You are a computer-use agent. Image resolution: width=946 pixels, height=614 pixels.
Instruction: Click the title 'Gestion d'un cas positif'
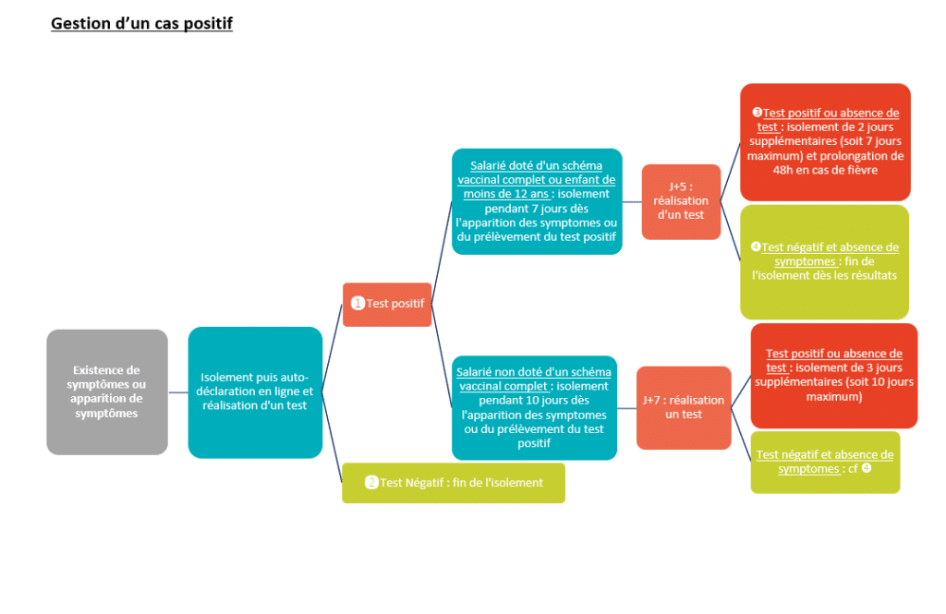tap(141, 23)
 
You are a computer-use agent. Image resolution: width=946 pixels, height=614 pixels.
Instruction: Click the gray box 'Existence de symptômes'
tap(107, 392)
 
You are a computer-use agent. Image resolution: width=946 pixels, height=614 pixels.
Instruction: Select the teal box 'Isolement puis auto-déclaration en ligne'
tap(255, 392)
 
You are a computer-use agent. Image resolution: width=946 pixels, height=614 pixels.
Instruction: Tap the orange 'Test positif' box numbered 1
tap(387, 304)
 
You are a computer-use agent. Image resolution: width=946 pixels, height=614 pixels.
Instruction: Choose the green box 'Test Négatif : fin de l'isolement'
tap(454, 483)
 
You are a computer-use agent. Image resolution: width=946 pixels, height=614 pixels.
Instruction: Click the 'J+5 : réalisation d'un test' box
tap(681, 201)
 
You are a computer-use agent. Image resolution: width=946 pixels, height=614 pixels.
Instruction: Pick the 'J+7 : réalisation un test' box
tap(684, 408)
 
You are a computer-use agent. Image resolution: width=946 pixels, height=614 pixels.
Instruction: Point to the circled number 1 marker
tap(358, 303)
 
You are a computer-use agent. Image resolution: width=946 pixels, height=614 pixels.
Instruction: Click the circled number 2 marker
tap(371, 483)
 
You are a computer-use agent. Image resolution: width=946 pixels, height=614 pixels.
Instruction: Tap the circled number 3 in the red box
tap(758, 113)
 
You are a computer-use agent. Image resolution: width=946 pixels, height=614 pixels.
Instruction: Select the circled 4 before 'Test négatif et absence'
tap(756, 247)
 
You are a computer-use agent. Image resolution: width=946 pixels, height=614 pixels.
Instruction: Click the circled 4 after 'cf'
tap(867, 468)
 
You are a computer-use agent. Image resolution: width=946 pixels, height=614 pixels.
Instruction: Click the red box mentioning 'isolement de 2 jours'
tap(825, 142)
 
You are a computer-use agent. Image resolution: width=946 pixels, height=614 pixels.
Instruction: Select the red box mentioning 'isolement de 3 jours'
tap(834, 376)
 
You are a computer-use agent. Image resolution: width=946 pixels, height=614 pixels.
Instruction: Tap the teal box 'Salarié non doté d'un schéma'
tap(535, 408)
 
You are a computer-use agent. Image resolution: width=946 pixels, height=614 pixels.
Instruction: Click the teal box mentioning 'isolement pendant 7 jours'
tap(537, 201)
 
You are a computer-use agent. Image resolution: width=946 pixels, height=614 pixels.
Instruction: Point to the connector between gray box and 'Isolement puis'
tap(178, 392)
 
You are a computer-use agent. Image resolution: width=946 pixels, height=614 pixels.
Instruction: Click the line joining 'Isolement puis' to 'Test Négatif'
tap(332, 438)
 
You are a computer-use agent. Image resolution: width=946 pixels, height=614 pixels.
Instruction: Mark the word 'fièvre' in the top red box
tap(861, 170)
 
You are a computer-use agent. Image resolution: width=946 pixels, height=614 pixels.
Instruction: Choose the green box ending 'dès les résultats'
tap(825, 262)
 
